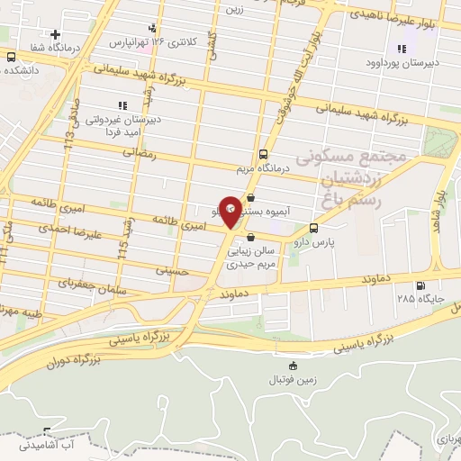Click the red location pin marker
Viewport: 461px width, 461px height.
[x=230, y=212]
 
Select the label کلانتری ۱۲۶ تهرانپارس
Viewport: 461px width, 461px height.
[x=151, y=41]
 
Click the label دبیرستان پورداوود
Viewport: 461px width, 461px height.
[x=402, y=63]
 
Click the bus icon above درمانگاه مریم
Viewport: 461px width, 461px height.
[x=262, y=153]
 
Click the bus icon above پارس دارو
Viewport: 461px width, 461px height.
[x=313, y=228]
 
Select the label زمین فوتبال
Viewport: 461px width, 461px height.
[x=293, y=380]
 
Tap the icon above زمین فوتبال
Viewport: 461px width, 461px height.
[x=293, y=365]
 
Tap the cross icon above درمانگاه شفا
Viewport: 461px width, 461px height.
[x=56, y=34]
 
